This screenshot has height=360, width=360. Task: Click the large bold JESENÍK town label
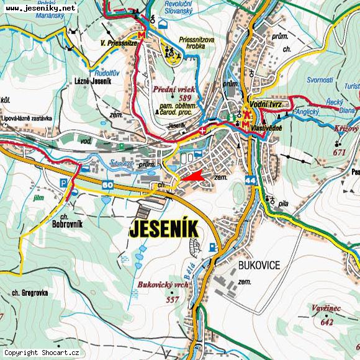[164, 229]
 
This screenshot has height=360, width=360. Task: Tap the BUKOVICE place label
[259, 265]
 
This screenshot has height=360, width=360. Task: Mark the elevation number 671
[339, 152]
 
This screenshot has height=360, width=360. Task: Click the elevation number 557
[173, 300]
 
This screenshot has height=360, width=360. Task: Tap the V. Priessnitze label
[119, 43]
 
